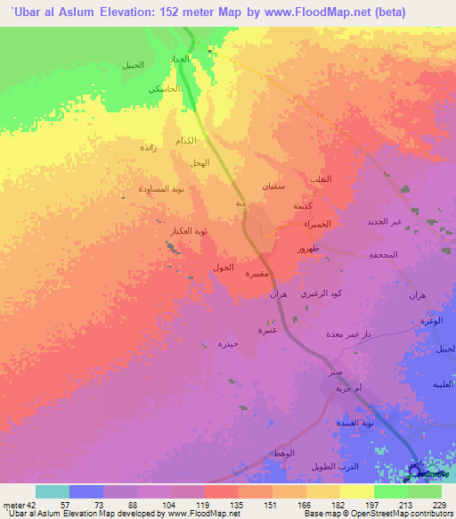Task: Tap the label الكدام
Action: pos(186,142)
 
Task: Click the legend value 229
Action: pos(439,503)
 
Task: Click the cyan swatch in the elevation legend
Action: pos(53,491)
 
